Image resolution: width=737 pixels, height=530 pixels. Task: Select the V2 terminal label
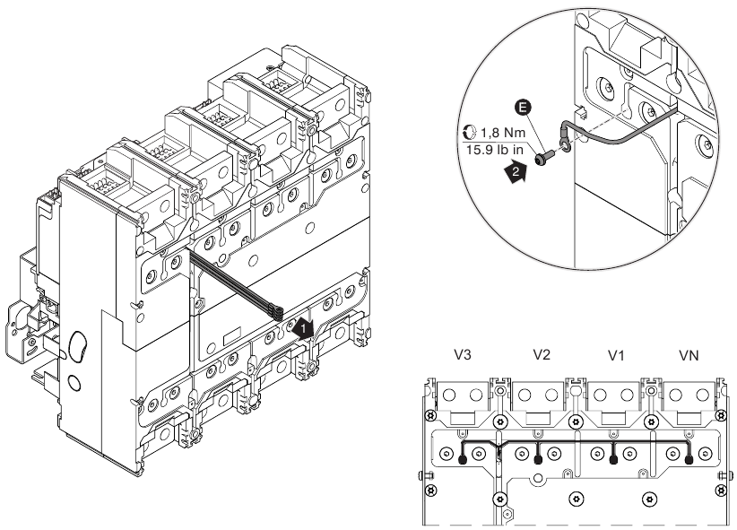[540, 355]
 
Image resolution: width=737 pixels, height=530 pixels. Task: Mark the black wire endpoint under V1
[612, 459]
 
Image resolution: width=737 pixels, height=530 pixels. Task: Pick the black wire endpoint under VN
[688, 459]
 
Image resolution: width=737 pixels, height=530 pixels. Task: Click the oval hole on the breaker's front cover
[79, 344]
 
